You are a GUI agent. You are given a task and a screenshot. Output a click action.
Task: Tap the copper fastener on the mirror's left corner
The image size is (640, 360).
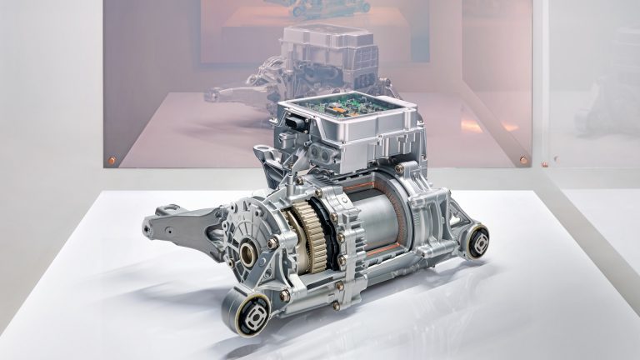click(x=111, y=160)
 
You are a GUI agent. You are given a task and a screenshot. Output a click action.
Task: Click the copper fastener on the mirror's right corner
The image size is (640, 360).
click(x=523, y=159)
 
